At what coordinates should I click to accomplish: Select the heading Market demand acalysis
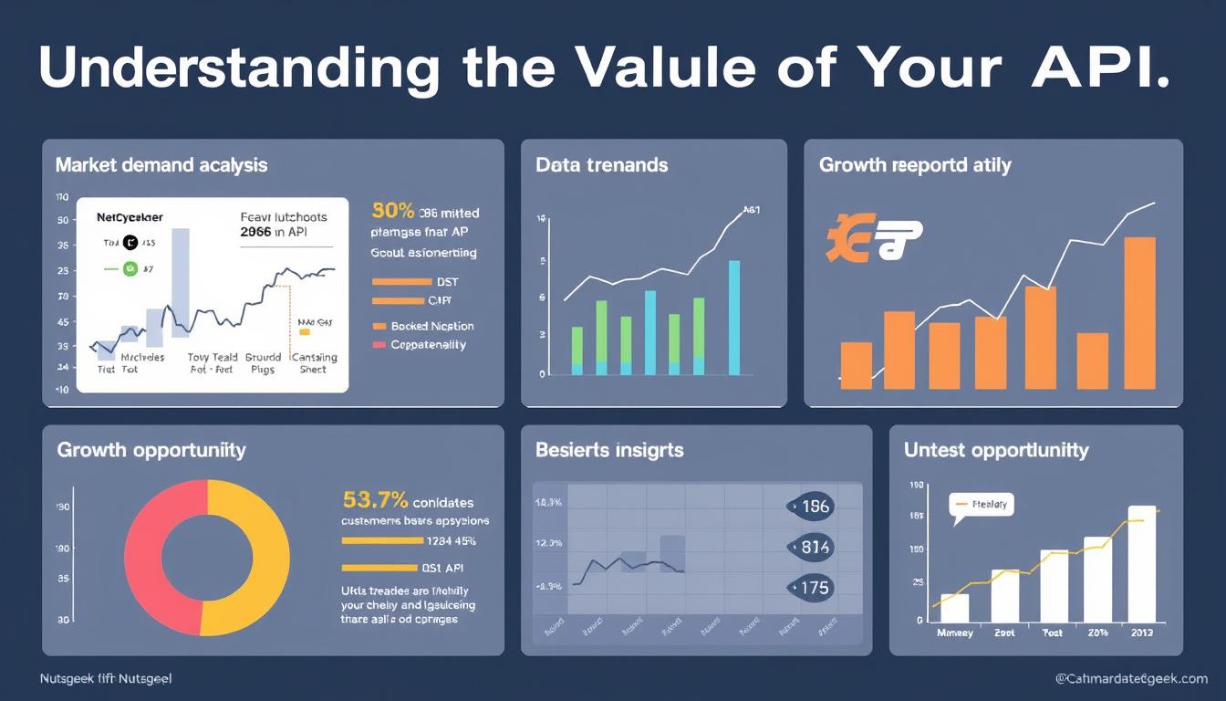[x=161, y=165]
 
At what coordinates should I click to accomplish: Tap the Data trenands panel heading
[x=602, y=165]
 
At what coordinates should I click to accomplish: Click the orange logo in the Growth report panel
[x=874, y=239]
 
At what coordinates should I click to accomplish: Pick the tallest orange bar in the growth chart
[x=1140, y=313]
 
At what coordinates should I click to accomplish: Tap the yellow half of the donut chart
[x=252, y=557]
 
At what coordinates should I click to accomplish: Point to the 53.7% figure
[x=375, y=500]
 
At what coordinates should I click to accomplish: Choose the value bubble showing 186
[x=810, y=507]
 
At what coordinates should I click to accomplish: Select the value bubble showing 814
[x=810, y=548]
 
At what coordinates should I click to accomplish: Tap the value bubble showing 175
[x=810, y=588]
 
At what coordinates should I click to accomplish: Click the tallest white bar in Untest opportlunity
[x=1142, y=564]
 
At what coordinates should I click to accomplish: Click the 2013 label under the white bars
[x=1143, y=633]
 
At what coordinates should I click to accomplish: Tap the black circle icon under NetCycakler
[x=129, y=243]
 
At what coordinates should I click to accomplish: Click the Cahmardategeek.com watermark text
[x=1130, y=679]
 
